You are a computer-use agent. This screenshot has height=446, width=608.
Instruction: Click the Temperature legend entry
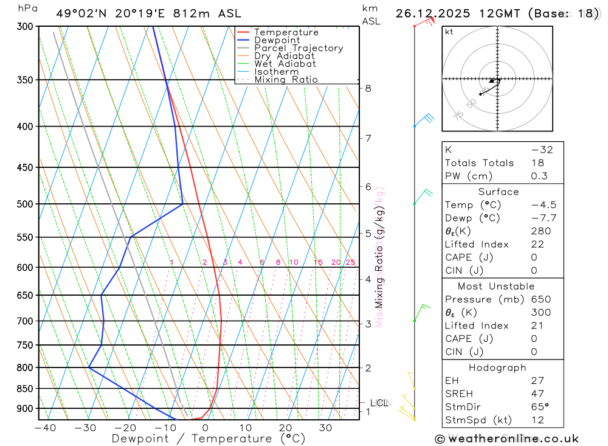click(x=286, y=32)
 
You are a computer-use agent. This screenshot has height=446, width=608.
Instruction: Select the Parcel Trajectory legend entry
click(x=298, y=48)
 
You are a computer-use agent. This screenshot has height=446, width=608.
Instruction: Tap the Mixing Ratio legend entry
click(x=286, y=79)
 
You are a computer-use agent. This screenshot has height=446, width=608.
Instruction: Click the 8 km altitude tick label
click(x=368, y=88)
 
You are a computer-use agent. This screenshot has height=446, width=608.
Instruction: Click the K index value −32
click(x=542, y=150)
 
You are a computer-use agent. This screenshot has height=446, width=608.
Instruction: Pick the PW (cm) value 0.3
click(x=539, y=176)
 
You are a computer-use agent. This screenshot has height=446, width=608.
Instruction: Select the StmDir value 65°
click(x=539, y=407)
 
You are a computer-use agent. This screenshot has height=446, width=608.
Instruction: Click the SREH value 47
click(x=537, y=394)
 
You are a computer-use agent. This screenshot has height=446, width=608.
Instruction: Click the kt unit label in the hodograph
click(x=449, y=32)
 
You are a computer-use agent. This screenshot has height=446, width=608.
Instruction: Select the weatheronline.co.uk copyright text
click(x=506, y=439)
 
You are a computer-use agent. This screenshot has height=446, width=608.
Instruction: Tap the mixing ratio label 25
click(x=350, y=262)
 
